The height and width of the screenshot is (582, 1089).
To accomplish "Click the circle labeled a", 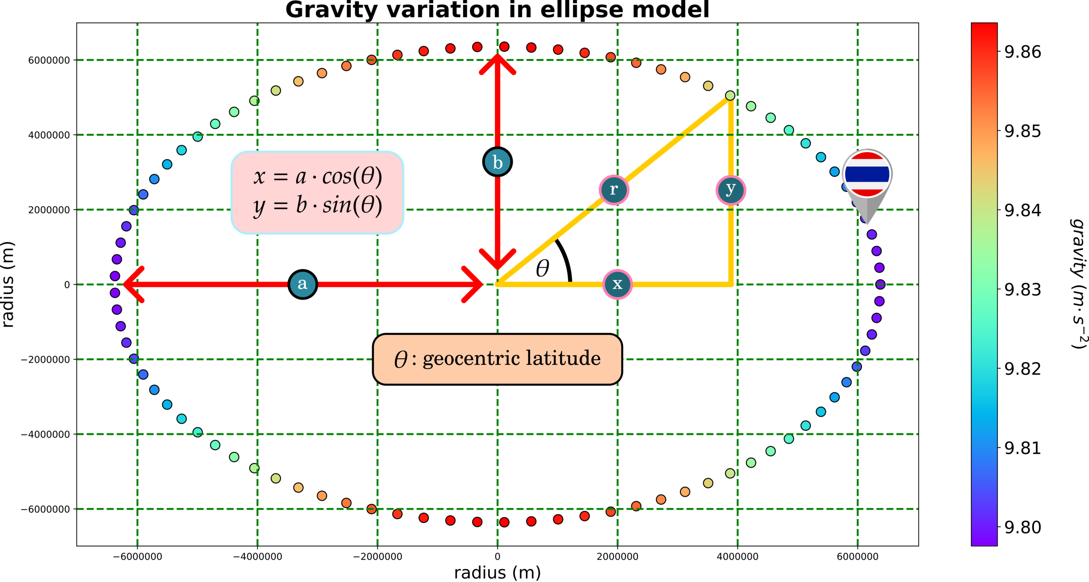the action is (x=302, y=284).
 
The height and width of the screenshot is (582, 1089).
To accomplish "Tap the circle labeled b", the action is (x=497, y=162).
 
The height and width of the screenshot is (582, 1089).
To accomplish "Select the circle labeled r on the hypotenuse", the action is (x=614, y=190).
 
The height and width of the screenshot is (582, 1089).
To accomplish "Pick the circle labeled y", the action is (x=731, y=190).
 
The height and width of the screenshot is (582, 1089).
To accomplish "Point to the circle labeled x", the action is (x=617, y=284).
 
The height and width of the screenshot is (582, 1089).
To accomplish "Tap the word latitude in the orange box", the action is (x=563, y=358).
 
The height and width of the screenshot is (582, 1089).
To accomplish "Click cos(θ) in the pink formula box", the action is (x=352, y=177).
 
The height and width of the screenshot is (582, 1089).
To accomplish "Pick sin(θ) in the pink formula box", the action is (x=352, y=205).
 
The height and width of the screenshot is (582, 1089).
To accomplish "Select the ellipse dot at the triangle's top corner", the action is (x=730, y=95).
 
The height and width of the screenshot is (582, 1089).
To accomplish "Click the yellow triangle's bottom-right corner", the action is (x=731, y=284).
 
